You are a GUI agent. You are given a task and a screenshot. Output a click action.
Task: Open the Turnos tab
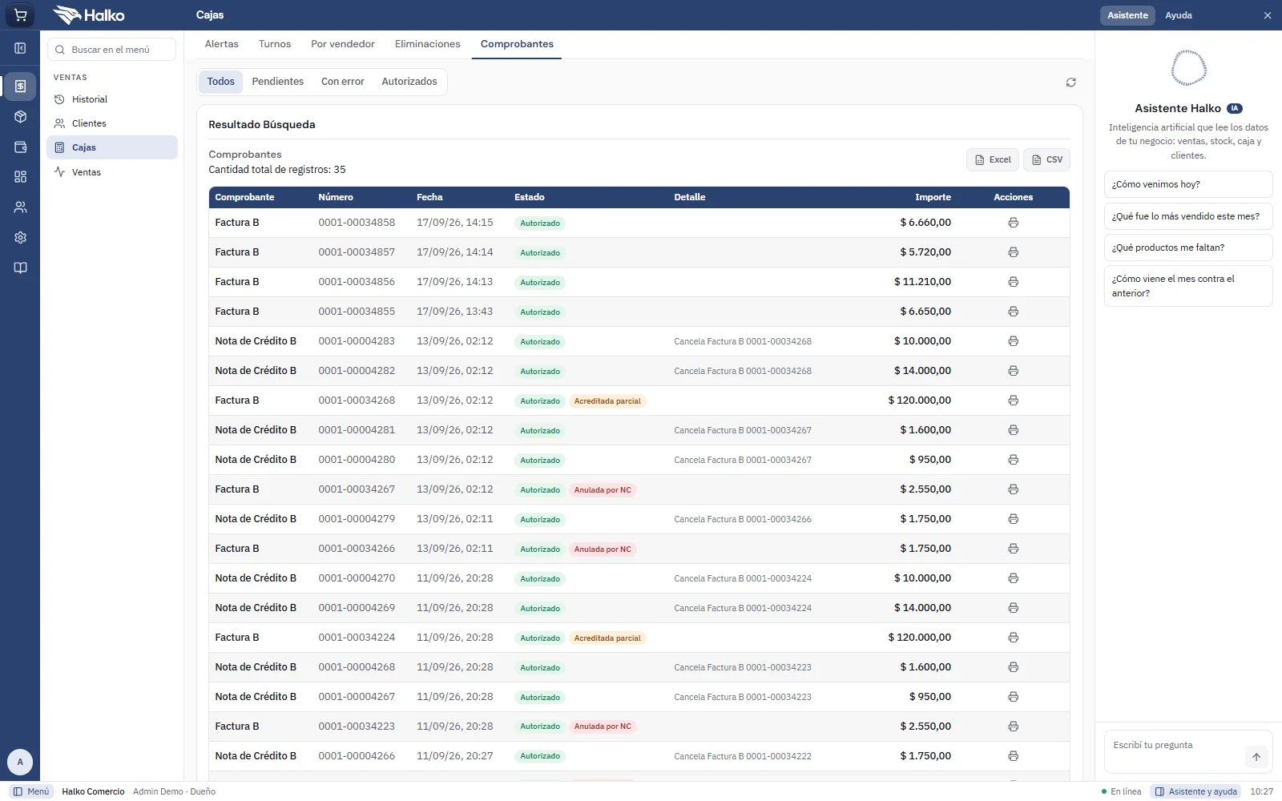(x=275, y=44)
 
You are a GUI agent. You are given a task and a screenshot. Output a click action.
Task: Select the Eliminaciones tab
(x=428, y=44)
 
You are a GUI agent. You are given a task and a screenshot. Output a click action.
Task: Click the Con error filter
(x=342, y=81)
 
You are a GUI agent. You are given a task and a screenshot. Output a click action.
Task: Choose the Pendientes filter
(x=277, y=81)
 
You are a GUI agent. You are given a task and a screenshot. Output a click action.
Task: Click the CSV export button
(x=1046, y=159)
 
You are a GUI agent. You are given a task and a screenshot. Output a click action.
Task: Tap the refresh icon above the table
(x=1070, y=83)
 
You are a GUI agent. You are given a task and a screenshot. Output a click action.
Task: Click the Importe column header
(x=933, y=197)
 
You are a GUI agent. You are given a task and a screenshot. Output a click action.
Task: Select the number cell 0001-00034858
(x=357, y=223)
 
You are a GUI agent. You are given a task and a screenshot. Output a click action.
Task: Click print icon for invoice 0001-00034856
(x=1013, y=281)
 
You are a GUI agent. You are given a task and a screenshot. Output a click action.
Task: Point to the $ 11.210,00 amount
(x=922, y=281)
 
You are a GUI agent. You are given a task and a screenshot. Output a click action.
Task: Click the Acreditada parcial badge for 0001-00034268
(x=607, y=401)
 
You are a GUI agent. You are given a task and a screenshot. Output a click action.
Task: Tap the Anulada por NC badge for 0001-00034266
(x=603, y=549)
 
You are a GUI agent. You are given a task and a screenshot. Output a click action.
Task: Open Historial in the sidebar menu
(x=89, y=99)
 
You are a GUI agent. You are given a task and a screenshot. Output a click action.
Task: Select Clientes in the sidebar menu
(x=89, y=123)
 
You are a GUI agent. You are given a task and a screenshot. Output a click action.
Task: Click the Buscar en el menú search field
(x=111, y=50)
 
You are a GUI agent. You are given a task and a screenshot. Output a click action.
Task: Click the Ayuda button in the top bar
(x=1179, y=15)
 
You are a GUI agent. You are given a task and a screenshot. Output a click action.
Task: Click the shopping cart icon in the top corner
(x=20, y=15)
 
